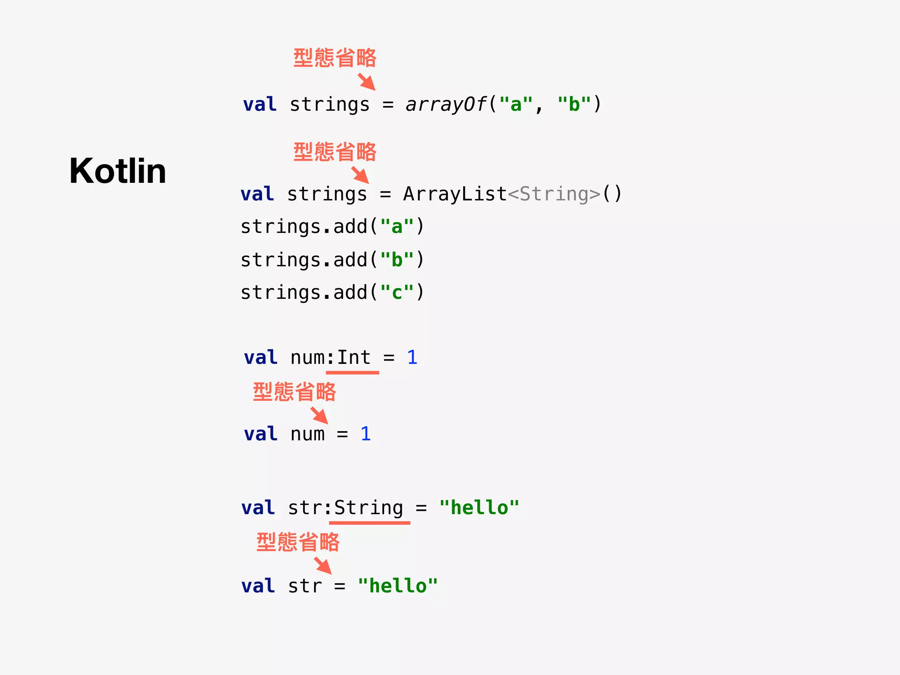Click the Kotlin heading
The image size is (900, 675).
click(118, 171)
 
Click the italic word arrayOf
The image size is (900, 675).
click(446, 105)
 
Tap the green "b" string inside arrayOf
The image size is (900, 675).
click(574, 105)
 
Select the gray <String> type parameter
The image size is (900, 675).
click(554, 194)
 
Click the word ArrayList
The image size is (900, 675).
click(455, 194)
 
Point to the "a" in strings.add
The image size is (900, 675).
click(397, 227)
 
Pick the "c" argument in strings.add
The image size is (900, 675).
click(397, 293)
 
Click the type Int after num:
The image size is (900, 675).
click(354, 357)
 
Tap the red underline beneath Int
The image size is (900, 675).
click(352, 373)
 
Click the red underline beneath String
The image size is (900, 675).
click(370, 523)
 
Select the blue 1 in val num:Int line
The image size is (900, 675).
click(412, 357)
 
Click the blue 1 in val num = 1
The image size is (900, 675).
click(366, 434)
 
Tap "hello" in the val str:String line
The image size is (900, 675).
click(479, 508)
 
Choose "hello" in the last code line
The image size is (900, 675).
click(398, 586)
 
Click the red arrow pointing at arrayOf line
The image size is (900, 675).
click(367, 82)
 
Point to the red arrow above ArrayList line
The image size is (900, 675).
click(360, 175)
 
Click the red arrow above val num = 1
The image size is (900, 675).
click(319, 415)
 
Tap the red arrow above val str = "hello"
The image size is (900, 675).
click(323, 566)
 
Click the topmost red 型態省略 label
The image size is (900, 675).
click(335, 58)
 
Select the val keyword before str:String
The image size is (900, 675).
click(258, 508)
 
